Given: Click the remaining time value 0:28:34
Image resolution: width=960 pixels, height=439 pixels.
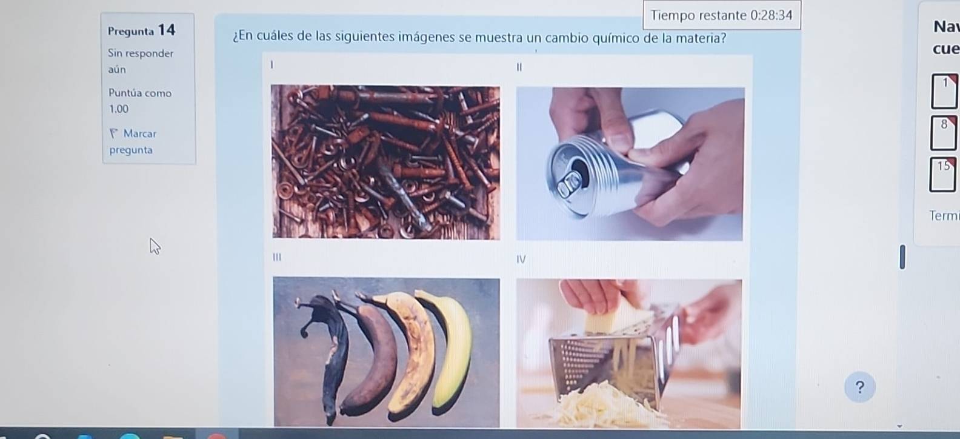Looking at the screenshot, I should (771, 15).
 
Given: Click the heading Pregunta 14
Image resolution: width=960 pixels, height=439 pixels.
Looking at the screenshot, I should (141, 30).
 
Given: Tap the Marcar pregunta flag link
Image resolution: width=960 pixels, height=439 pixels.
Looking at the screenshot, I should (132, 141).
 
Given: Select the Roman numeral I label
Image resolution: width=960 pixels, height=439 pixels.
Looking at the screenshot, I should (272, 63).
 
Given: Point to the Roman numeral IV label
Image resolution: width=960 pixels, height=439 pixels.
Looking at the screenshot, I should (521, 259).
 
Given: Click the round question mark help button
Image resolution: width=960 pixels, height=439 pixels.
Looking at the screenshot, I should (859, 387).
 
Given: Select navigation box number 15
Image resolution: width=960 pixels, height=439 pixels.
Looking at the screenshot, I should (943, 175).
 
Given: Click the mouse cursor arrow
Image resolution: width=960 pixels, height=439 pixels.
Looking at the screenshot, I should (155, 246).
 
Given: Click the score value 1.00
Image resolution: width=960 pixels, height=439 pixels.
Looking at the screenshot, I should (119, 109).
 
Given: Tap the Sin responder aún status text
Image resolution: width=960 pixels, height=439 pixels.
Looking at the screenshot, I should (140, 61).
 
